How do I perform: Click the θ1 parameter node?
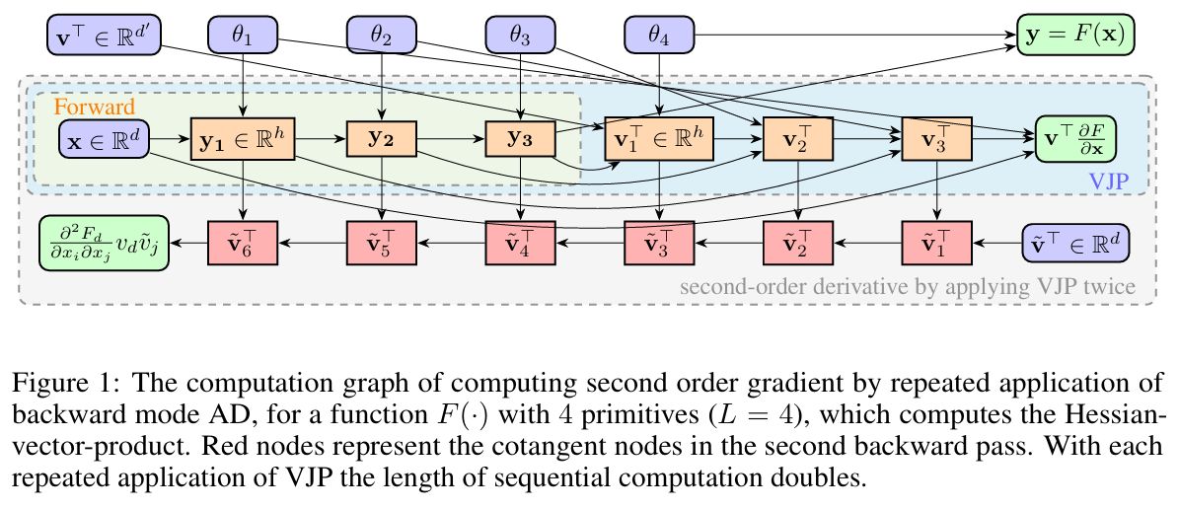[x=243, y=36]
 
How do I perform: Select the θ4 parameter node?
[x=659, y=36]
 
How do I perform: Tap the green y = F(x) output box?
[x=1076, y=36]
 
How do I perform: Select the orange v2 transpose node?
[x=798, y=140]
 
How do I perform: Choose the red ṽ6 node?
[x=242, y=240]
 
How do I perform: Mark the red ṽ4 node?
[x=519, y=240]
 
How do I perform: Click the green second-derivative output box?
[x=103, y=240]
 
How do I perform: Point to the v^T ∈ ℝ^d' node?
[x=103, y=36]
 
